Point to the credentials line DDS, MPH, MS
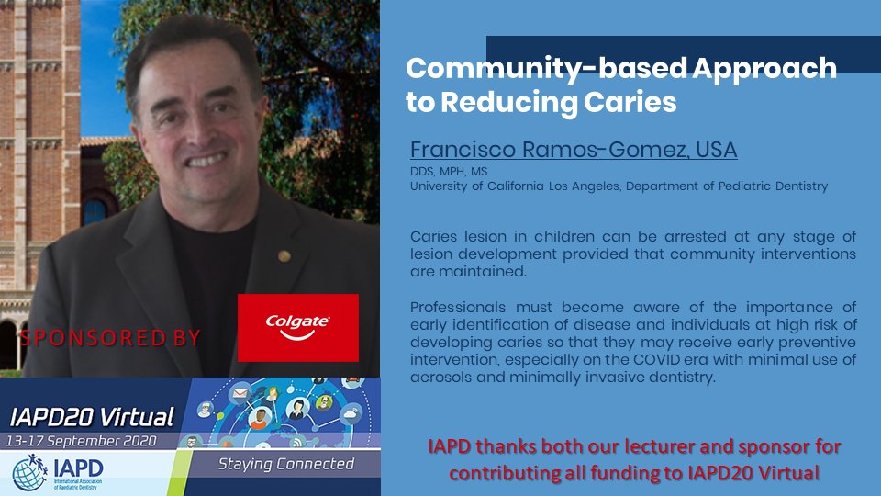[x=447, y=172]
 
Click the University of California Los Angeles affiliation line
[x=619, y=186]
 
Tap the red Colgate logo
[x=298, y=328]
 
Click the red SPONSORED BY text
[x=110, y=337]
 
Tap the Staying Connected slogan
[x=285, y=464]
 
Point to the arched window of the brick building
[x=94, y=208]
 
